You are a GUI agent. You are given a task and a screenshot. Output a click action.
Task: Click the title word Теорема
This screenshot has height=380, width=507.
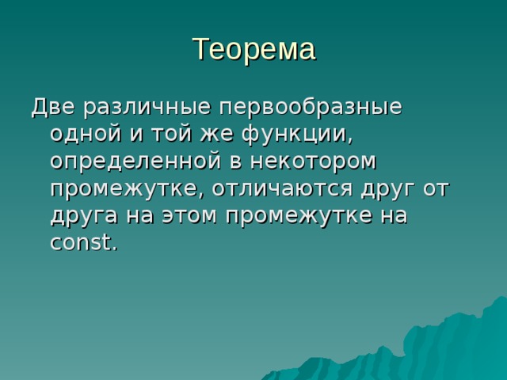coord(253,49)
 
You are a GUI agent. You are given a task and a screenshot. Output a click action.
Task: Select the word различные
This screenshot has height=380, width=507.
coord(147,107)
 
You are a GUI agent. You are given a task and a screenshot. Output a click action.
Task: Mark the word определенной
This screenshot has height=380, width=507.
coord(131,161)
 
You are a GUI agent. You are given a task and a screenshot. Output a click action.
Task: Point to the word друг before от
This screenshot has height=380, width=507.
coord(400,189)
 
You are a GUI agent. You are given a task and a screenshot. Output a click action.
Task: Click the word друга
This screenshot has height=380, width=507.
coord(82,216)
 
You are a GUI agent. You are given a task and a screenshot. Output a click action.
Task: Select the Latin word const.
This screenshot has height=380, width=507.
coord(83,243)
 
